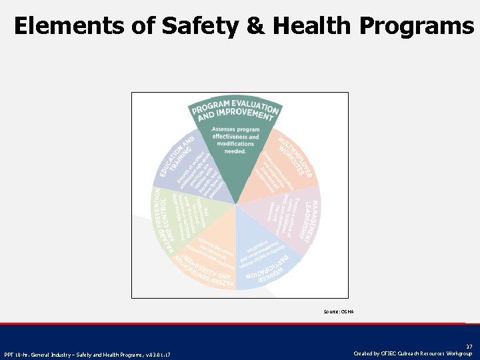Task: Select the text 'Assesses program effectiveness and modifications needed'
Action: tap(235, 140)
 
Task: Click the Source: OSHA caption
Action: tap(339, 311)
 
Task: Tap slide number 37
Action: tap(469, 347)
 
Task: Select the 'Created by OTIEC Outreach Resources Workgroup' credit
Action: tap(414, 353)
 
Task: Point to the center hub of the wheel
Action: tap(236, 204)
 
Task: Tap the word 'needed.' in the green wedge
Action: tap(235, 151)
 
